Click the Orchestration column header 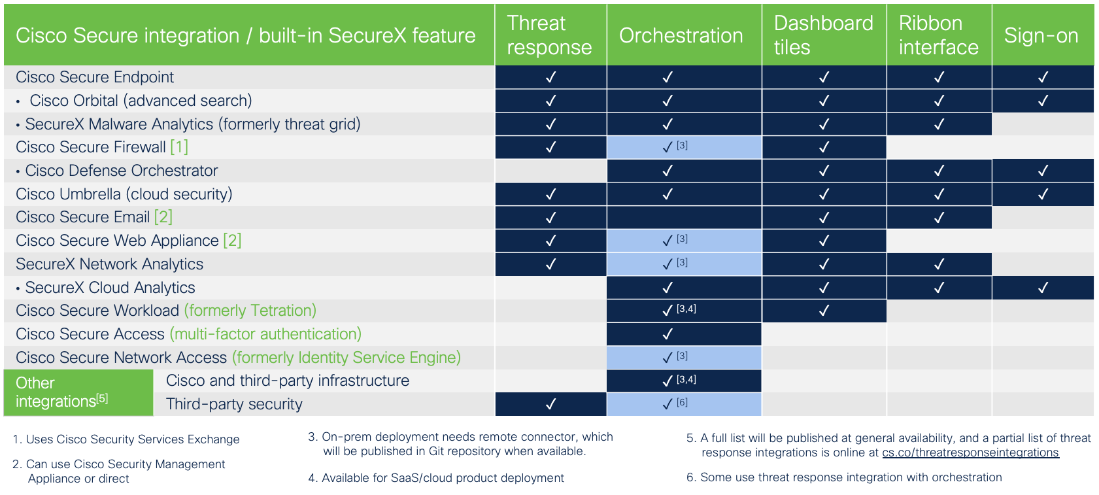[681, 35]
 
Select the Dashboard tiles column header [823, 35]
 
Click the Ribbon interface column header [938, 35]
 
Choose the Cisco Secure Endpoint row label [95, 77]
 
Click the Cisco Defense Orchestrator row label [121, 171]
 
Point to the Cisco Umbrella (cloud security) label [124, 194]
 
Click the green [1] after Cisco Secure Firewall [179, 147]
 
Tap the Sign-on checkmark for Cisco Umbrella [1043, 194]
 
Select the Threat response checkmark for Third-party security [550, 404]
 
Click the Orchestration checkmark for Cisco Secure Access [668, 334]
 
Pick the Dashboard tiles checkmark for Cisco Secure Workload [824, 311]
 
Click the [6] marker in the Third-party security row [682, 402]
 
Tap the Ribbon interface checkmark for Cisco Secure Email [939, 218]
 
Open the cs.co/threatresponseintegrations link [970, 452]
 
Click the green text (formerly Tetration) [250, 311]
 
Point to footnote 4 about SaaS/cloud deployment [437, 478]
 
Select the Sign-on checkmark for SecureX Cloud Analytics [1043, 288]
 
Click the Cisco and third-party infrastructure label [288, 381]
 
